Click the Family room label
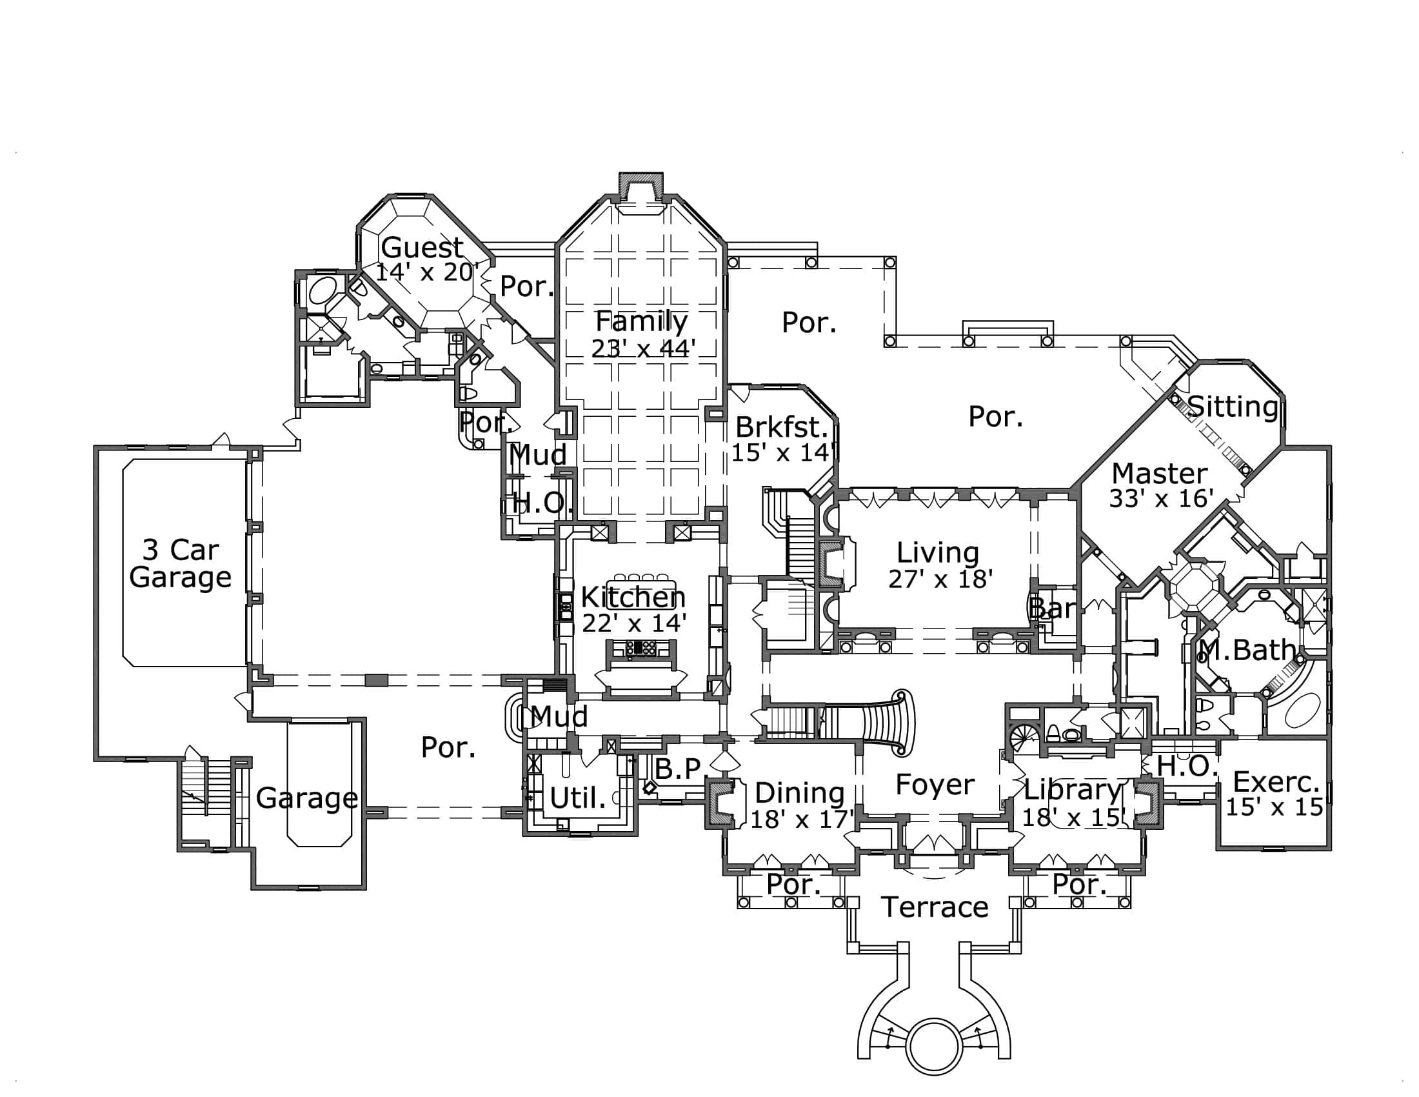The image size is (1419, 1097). point(641,321)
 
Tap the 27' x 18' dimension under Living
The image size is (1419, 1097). point(940,579)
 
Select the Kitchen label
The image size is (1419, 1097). point(633,597)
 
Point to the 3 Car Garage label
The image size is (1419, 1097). point(180,563)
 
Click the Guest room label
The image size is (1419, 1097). point(422,247)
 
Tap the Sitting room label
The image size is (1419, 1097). point(1233,407)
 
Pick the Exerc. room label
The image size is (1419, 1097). point(1275,781)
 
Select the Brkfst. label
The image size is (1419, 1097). point(782,427)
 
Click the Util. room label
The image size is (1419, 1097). point(578,798)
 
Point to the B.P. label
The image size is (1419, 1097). point(677,769)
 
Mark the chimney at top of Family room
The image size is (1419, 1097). point(640,186)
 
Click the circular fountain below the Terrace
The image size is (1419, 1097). point(934,1047)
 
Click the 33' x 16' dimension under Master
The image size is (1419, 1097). point(1160,498)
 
